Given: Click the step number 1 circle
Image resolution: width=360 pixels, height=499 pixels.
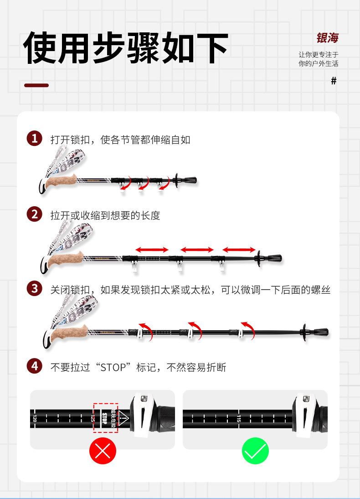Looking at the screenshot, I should click(x=35, y=139).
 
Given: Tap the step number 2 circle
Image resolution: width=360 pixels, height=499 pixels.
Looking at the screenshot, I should click(x=35, y=214).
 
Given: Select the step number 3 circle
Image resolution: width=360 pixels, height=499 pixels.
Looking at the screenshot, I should click(x=35, y=289).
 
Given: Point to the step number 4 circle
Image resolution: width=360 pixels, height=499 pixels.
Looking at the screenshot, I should click(x=35, y=366).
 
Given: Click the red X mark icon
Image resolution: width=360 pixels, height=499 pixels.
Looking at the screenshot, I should click(x=103, y=451).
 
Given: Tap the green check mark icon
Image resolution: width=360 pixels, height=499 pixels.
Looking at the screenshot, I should click(x=255, y=451).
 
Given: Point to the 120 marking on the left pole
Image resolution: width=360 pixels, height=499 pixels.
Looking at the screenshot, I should click(x=35, y=418).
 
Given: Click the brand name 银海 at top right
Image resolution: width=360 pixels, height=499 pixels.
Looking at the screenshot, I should click(x=327, y=38).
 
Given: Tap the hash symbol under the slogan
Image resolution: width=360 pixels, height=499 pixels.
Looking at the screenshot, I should click(x=334, y=81).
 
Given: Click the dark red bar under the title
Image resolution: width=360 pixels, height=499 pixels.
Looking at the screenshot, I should click(x=36, y=85).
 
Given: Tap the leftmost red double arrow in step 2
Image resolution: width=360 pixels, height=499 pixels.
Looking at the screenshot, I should click(x=152, y=249).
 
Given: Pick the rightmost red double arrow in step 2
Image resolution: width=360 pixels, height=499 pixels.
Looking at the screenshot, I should click(x=239, y=249).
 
